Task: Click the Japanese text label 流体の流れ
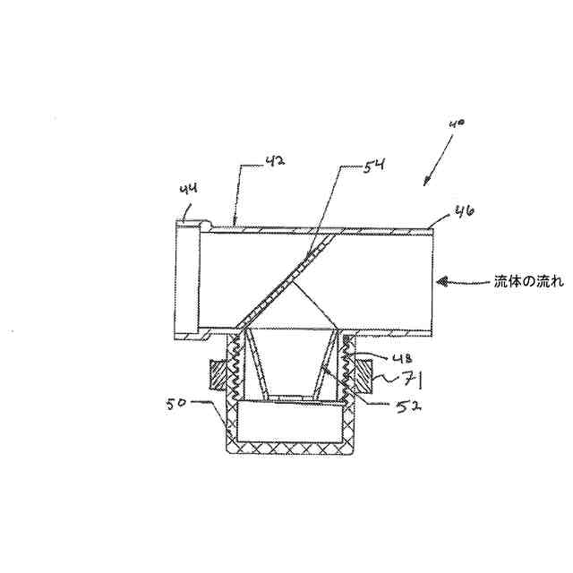[x=529, y=281]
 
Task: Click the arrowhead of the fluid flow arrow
[x=440, y=281]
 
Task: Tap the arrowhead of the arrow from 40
[x=427, y=183]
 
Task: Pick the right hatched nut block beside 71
[x=363, y=373]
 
